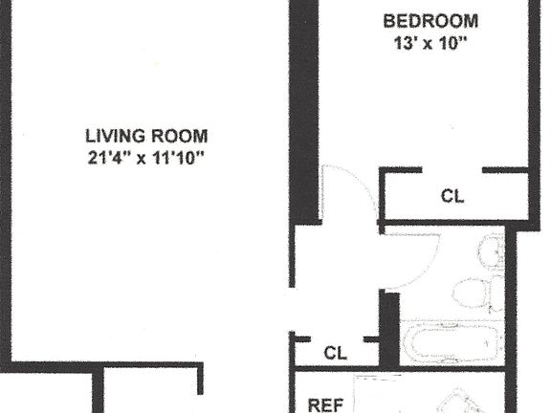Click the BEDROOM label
(430, 21)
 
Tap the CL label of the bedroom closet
(452, 197)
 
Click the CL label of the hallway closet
(334, 353)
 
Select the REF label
(323, 405)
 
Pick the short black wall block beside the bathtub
(388, 330)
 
